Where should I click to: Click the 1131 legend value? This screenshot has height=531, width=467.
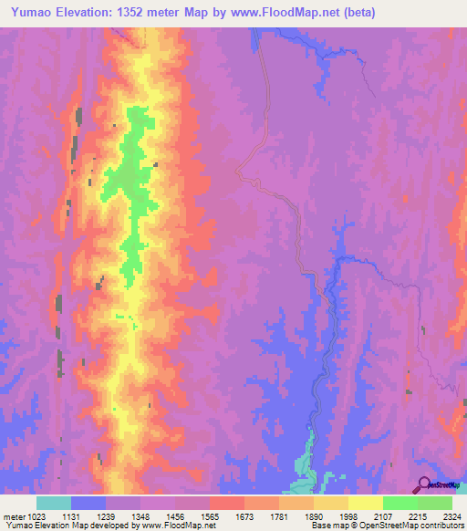tap(88, 516)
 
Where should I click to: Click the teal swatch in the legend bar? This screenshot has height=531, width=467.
tap(54, 503)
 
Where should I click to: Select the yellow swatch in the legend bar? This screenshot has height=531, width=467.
tap(365, 503)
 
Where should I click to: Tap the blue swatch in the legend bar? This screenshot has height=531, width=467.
tap(88, 503)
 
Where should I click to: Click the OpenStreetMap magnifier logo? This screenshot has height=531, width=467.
tap(423, 484)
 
